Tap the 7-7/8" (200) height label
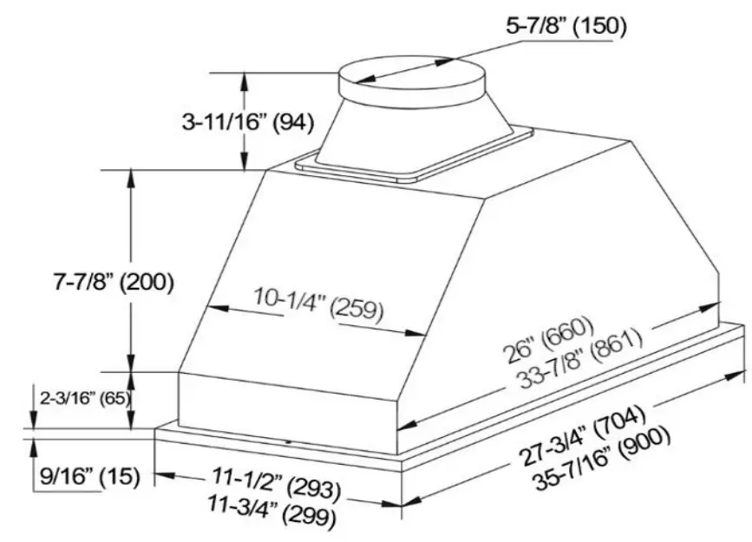coord(114,283)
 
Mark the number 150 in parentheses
coord(599,25)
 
